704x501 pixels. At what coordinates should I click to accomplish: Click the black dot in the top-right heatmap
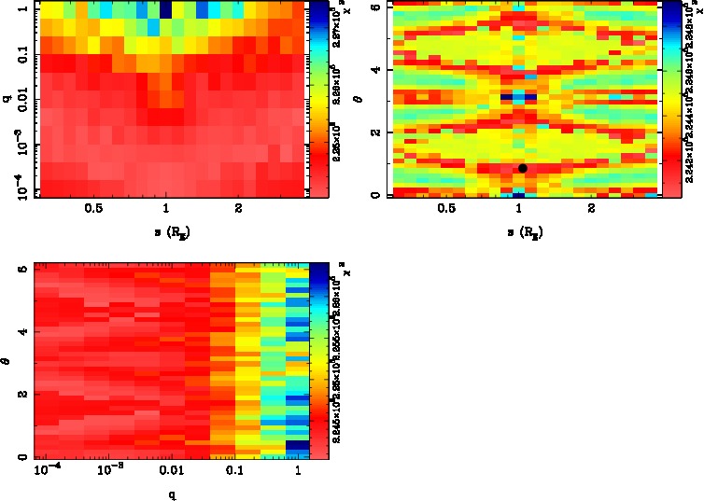click(x=523, y=168)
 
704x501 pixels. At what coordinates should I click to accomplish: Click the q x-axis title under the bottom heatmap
click(x=172, y=494)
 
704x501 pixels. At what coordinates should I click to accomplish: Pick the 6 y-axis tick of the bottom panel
click(x=21, y=269)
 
